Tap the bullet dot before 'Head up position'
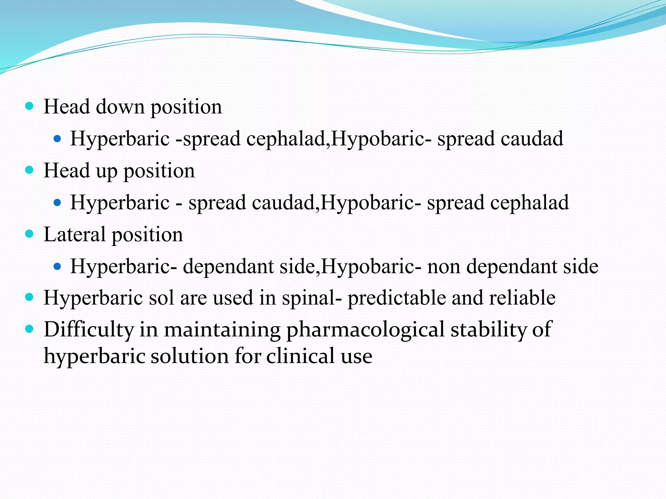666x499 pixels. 29,170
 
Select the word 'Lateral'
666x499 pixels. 74,234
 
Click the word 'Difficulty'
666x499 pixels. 88,330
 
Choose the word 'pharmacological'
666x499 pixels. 365,330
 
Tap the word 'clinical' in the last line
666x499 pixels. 300,356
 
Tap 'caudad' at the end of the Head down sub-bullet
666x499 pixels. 532,138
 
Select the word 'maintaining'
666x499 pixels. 222,330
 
